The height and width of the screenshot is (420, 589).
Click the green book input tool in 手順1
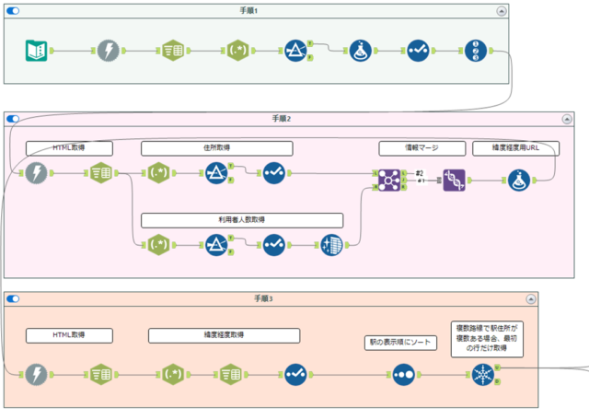click(x=36, y=50)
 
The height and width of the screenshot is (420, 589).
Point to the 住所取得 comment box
click(x=216, y=148)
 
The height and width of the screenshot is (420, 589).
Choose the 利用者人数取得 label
click(x=242, y=220)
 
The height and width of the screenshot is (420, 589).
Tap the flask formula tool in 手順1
click(x=360, y=50)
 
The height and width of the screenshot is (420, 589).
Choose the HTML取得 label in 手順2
click(x=69, y=148)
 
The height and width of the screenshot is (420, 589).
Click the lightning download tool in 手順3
click(x=36, y=374)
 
